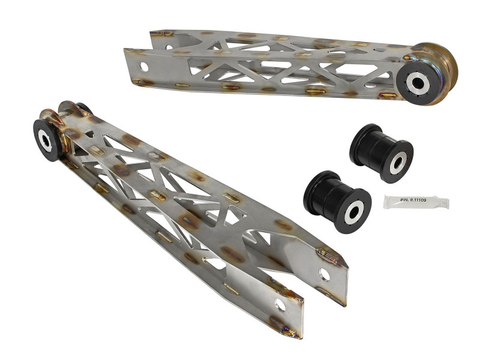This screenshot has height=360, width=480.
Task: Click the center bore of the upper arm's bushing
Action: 416,84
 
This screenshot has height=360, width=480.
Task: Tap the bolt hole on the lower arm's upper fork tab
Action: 325,274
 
